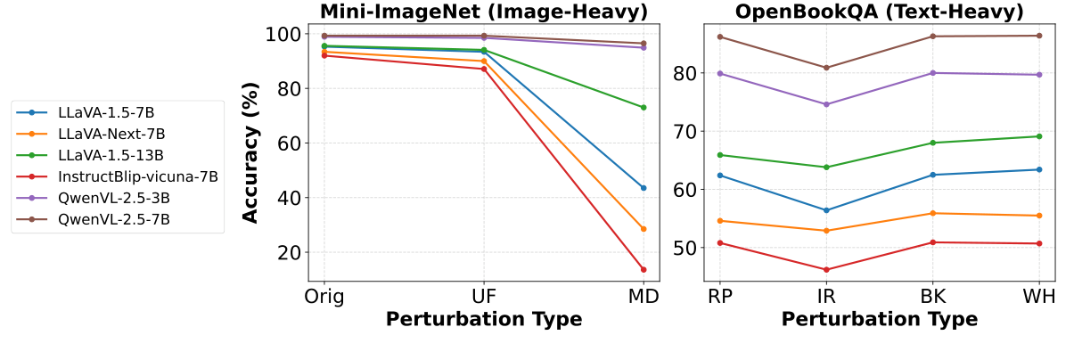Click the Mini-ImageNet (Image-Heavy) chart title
(x=484, y=12)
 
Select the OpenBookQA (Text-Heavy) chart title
(x=879, y=12)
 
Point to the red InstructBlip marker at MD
(x=643, y=269)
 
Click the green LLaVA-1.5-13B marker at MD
(x=643, y=107)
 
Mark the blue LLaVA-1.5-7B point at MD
(x=643, y=187)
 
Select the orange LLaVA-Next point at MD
(x=643, y=229)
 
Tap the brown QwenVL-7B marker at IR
(x=826, y=68)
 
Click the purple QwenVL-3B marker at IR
(x=826, y=104)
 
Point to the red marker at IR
(x=826, y=270)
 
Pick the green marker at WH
(x=1038, y=136)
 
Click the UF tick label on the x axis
(x=483, y=297)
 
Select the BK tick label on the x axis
(x=932, y=297)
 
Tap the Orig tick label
(x=324, y=297)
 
